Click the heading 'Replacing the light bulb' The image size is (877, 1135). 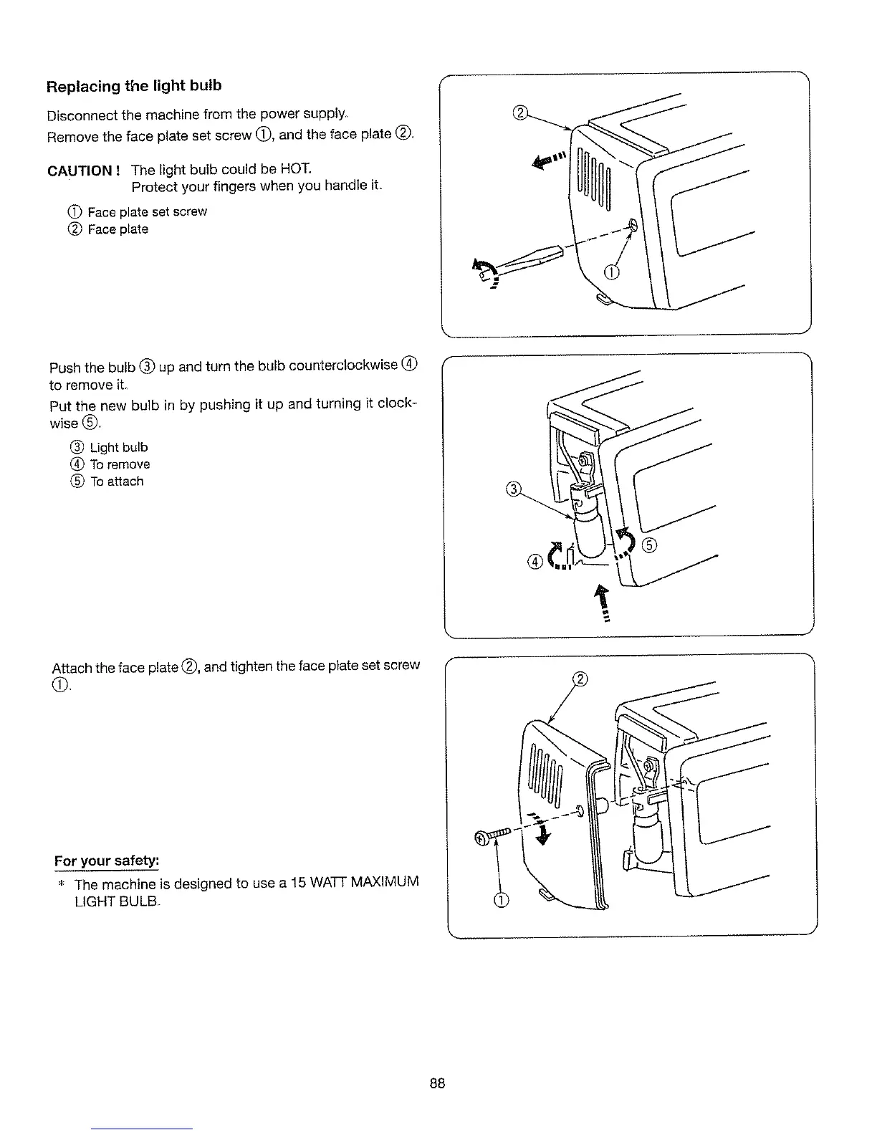tap(134, 86)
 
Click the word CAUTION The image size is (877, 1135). tap(80, 171)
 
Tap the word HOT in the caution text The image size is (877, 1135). tap(297, 169)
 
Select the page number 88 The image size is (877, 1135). tap(438, 1083)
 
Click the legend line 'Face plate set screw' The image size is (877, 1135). tap(146, 212)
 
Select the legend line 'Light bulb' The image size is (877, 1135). tap(118, 448)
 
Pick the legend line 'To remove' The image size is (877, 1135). tap(120, 465)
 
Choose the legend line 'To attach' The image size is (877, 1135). tap(116, 482)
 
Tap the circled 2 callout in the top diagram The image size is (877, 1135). tap(521, 112)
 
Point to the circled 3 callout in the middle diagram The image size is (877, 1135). tap(513, 490)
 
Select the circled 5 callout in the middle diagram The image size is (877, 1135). tap(649, 545)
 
